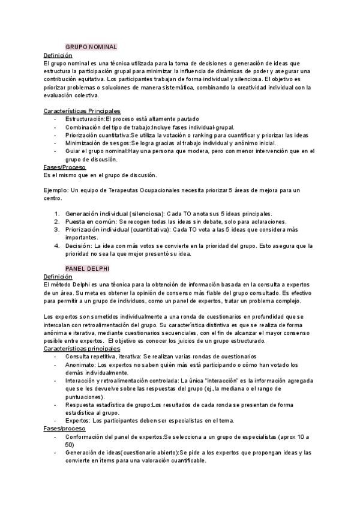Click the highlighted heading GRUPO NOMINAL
click(91, 46)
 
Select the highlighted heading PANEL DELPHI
click(87, 269)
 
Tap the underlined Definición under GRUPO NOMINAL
click(58, 55)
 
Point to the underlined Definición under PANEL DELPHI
click(58, 277)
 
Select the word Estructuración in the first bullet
click(85, 119)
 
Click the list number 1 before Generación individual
click(57, 214)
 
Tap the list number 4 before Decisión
click(57, 245)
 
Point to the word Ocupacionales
click(174, 190)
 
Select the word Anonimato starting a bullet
click(81, 364)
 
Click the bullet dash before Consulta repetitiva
click(55, 357)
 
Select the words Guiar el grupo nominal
click(97, 151)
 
